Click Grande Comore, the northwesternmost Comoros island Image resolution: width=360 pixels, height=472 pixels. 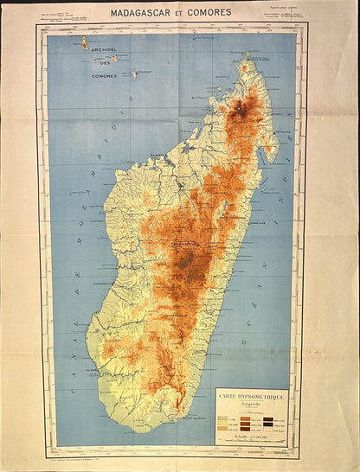[84, 41]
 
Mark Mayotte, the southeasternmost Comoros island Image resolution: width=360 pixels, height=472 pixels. [135, 75]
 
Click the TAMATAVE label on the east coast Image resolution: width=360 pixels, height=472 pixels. [256, 223]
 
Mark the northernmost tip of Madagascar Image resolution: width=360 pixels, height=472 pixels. [246, 54]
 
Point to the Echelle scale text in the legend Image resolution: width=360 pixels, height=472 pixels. [252, 437]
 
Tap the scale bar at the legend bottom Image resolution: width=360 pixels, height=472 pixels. [252, 443]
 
